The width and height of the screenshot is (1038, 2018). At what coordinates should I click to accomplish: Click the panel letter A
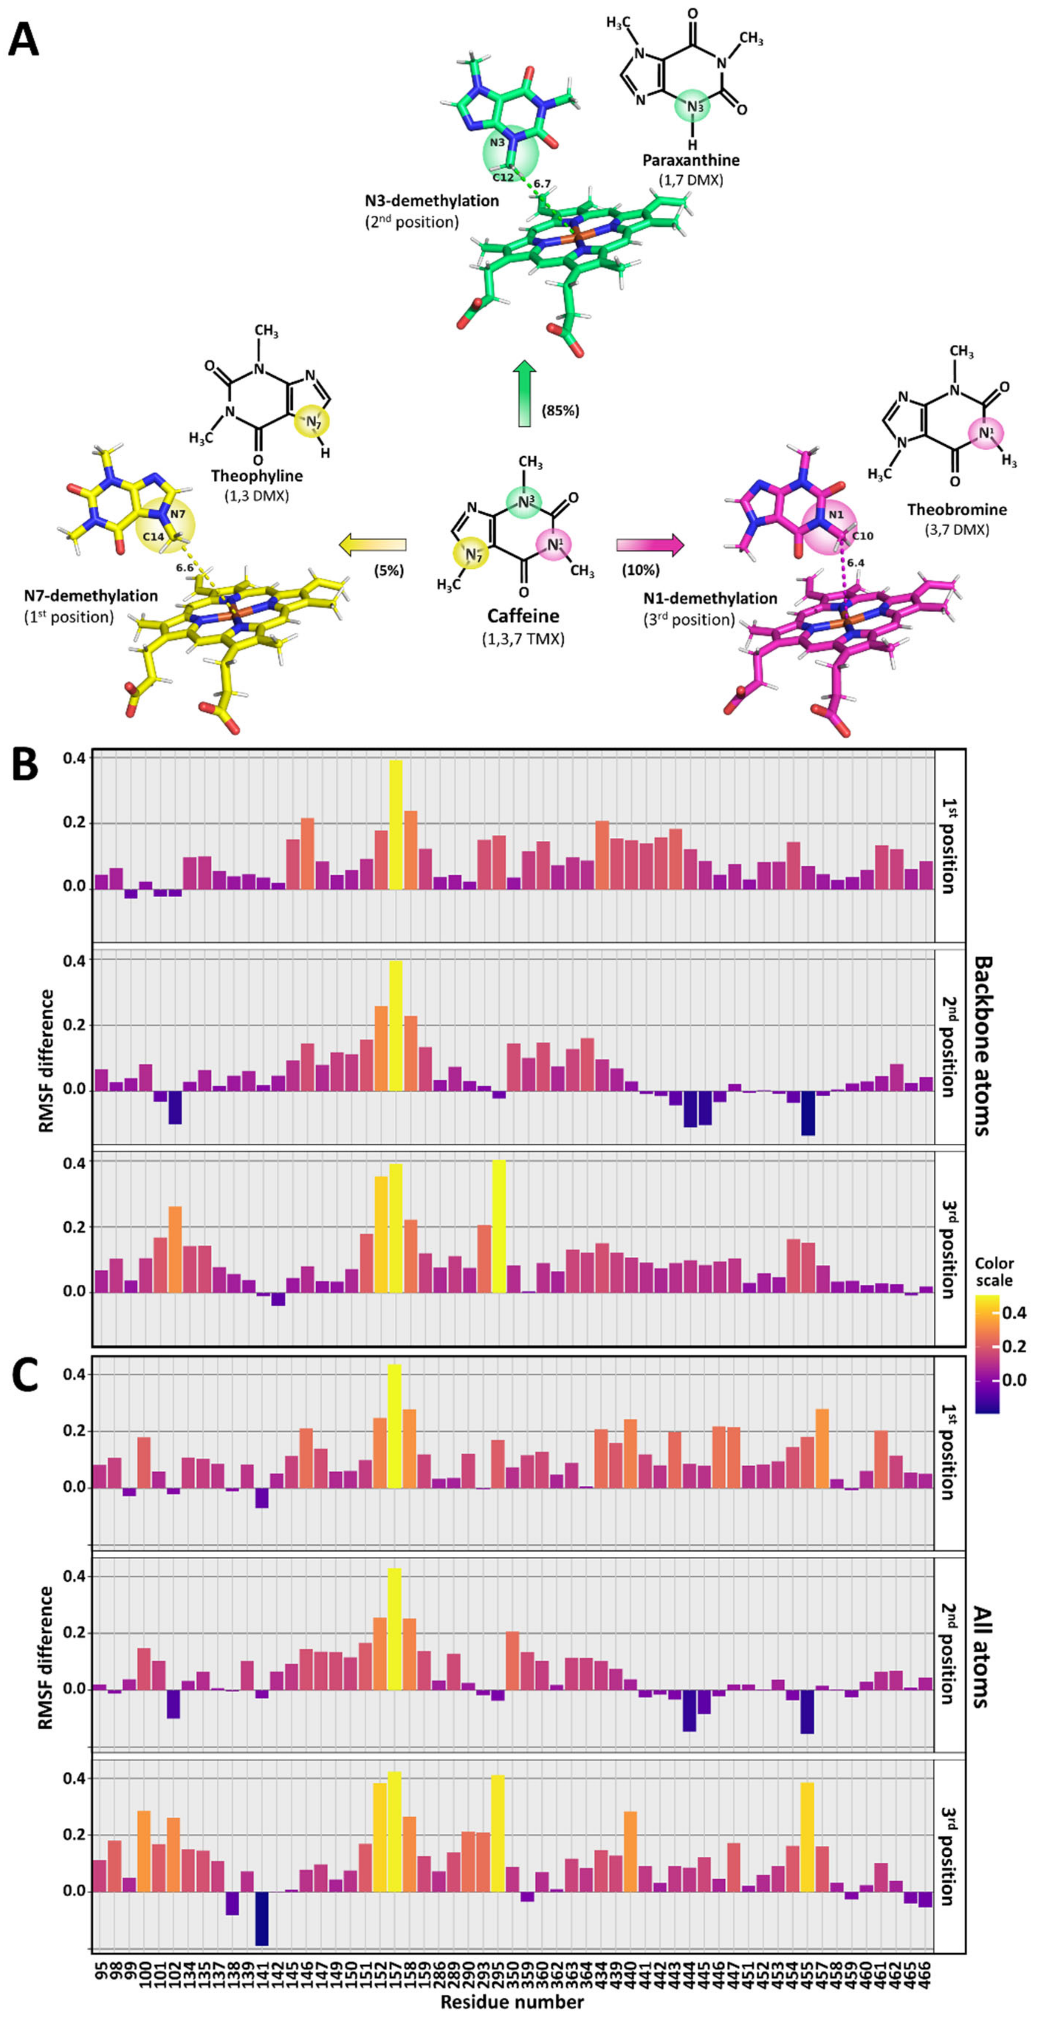tap(24, 38)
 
